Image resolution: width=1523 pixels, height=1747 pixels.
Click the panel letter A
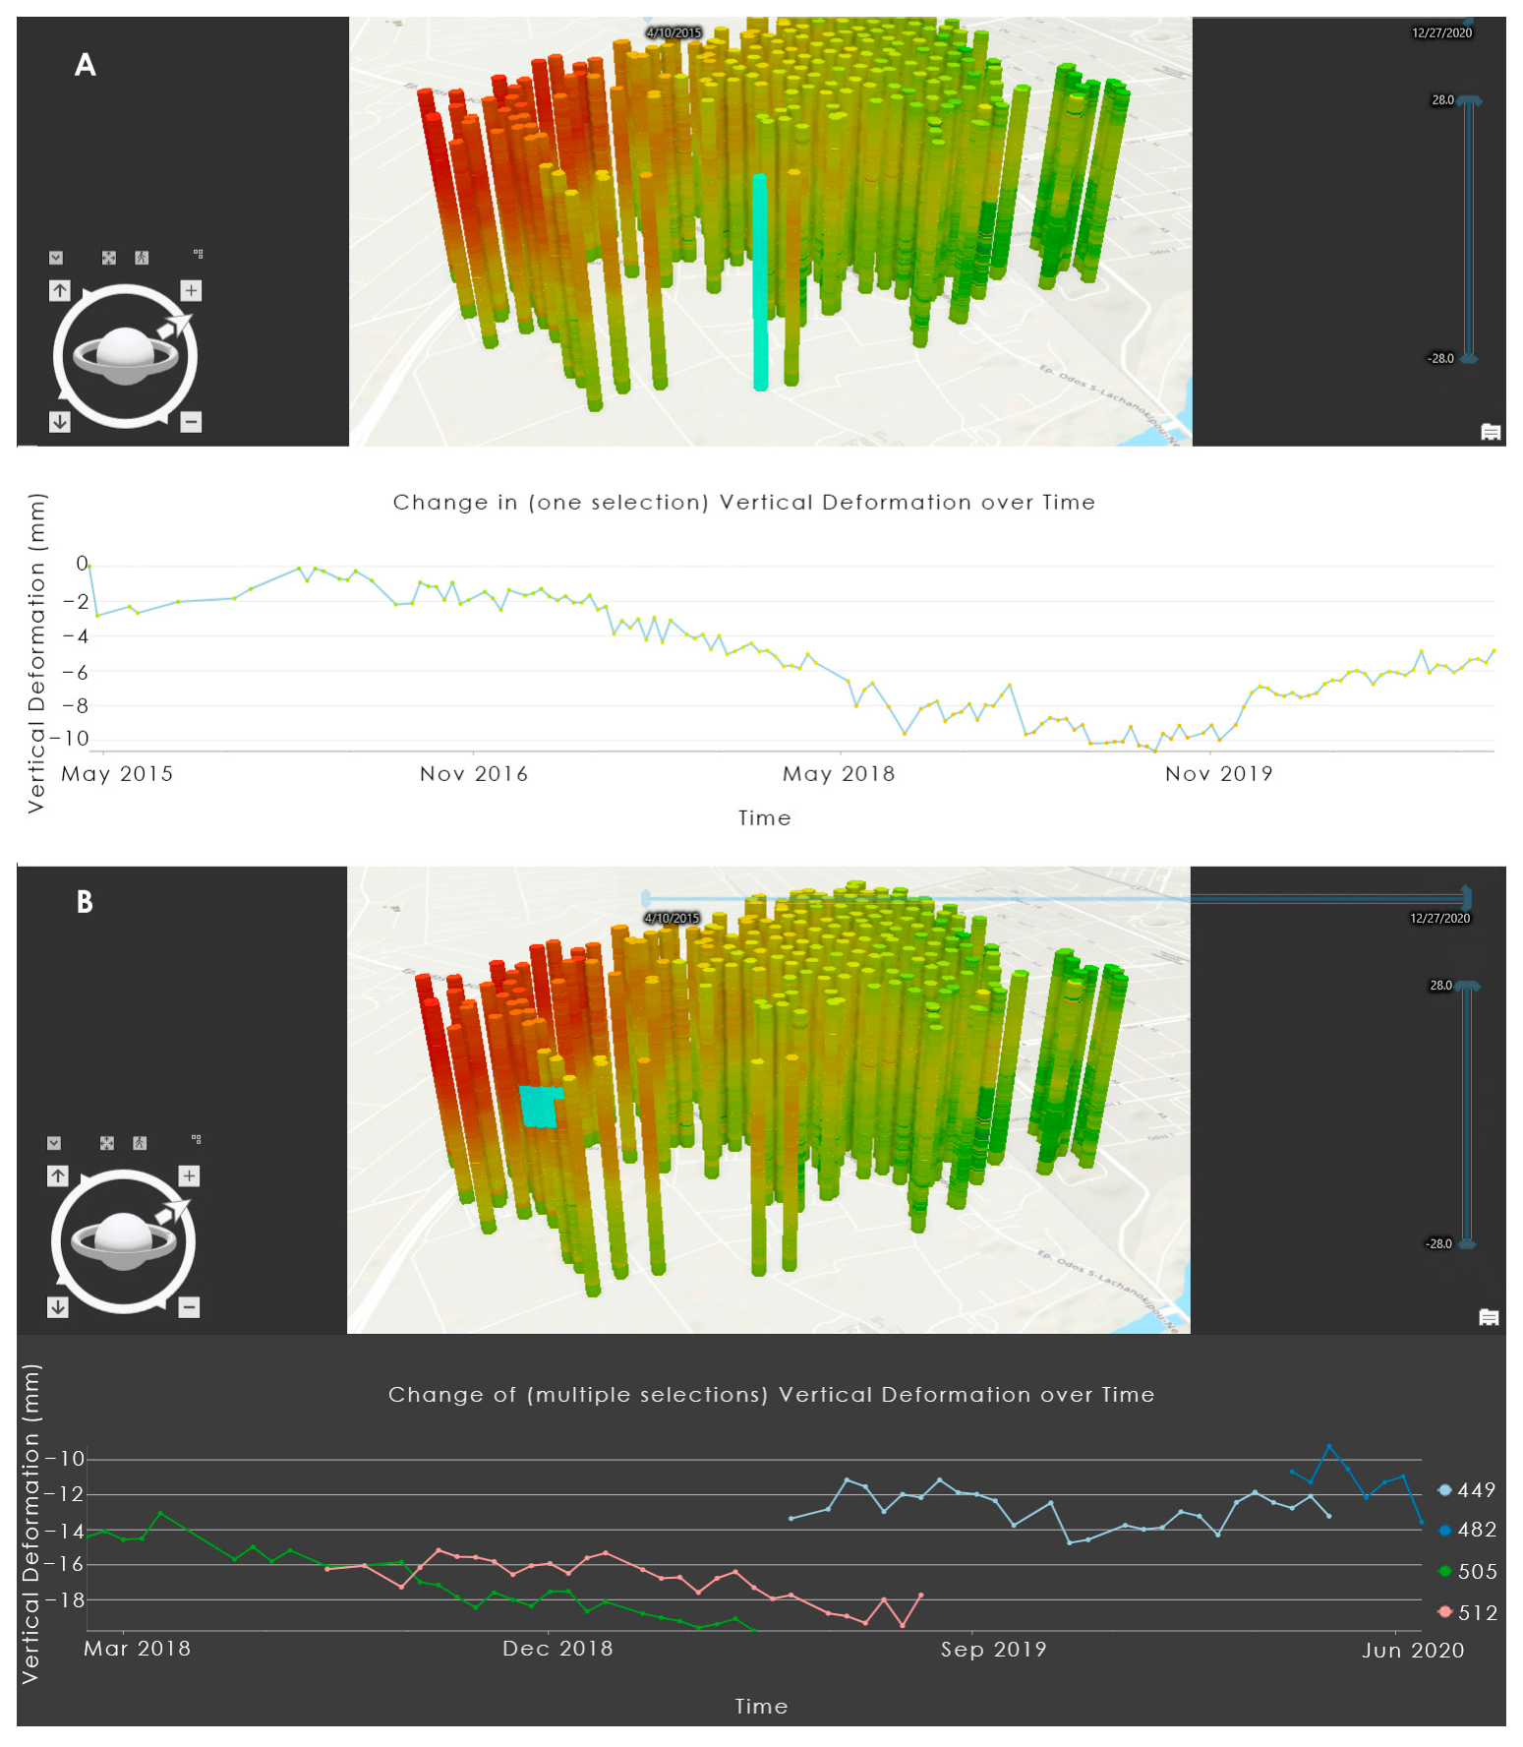point(86,65)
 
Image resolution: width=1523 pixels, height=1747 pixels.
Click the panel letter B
point(85,902)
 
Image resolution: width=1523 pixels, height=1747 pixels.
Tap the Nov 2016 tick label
point(474,774)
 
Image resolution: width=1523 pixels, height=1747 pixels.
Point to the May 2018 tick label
point(839,774)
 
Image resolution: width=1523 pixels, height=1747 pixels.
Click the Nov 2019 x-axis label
point(1218,774)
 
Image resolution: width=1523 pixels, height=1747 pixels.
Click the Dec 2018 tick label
point(557,1649)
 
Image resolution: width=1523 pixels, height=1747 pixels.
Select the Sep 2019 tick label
point(993,1650)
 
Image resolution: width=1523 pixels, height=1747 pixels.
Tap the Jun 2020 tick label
point(1413,1651)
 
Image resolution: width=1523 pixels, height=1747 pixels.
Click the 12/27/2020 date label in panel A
point(1441,33)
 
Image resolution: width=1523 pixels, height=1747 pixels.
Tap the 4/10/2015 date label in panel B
point(673,918)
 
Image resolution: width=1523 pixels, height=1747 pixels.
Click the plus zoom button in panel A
point(191,290)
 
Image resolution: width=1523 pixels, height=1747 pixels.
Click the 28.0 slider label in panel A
point(1442,100)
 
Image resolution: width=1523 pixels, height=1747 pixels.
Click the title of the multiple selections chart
point(771,1395)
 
